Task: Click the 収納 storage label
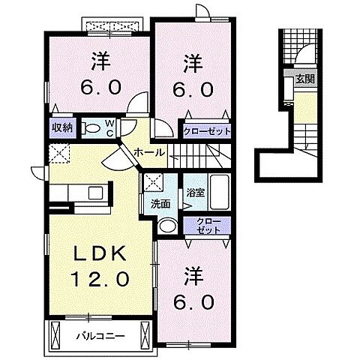coord(61,127)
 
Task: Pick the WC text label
coord(109,127)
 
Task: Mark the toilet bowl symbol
coord(93,128)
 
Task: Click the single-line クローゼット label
coord(208,130)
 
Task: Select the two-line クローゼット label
coord(209,226)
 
